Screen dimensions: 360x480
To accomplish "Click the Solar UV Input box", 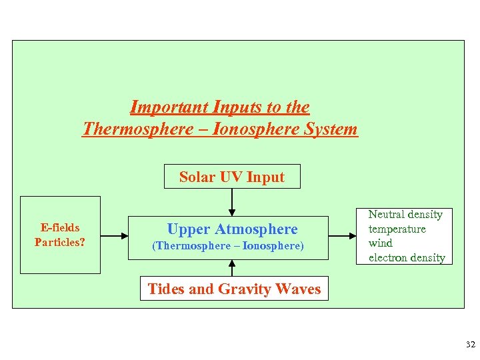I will click(x=232, y=177).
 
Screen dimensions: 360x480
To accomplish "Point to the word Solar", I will click(x=195, y=177).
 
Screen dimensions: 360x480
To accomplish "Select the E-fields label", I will click(x=59, y=228).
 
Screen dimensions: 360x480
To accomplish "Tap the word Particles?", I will click(x=59, y=242).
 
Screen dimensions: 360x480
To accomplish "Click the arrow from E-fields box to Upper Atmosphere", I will click(x=114, y=235).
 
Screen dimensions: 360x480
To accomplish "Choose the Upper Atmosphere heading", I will click(x=232, y=229).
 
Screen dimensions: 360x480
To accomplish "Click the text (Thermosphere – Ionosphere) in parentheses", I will click(x=228, y=246).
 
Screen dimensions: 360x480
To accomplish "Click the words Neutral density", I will click(x=405, y=215).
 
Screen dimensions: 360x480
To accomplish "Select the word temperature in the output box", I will click(x=397, y=229).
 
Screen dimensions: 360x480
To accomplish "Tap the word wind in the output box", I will click(x=381, y=243).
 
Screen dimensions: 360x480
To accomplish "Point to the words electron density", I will click(x=407, y=258).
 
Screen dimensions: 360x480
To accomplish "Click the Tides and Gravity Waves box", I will click(x=233, y=289).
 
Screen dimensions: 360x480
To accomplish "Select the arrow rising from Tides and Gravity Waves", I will click(x=232, y=267).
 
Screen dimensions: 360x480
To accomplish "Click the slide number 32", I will click(x=470, y=345).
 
